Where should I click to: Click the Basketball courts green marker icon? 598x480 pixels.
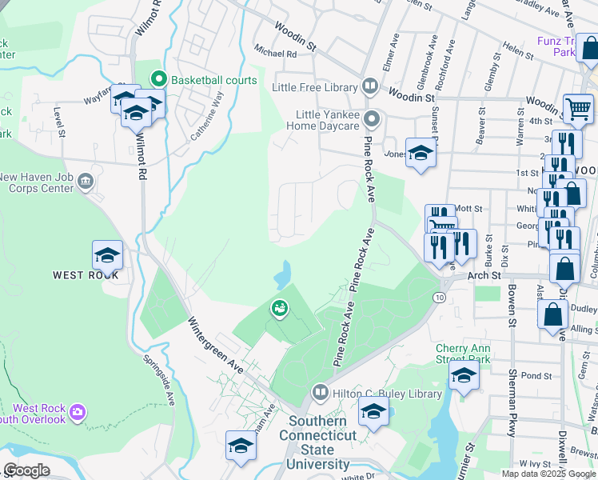(158, 80)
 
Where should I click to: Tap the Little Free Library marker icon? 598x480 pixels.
(369, 86)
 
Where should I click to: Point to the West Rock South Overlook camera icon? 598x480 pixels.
(78, 412)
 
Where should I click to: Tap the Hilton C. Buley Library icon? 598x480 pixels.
(319, 394)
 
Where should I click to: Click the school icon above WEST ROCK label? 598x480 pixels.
(107, 255)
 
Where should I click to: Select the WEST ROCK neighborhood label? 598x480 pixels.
(86, 275)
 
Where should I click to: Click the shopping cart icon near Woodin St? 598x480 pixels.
(577, 108)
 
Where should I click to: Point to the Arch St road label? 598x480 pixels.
(484, 275)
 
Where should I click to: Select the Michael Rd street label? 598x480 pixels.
(274, 54)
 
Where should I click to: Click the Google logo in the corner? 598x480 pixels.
(26, 470)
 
